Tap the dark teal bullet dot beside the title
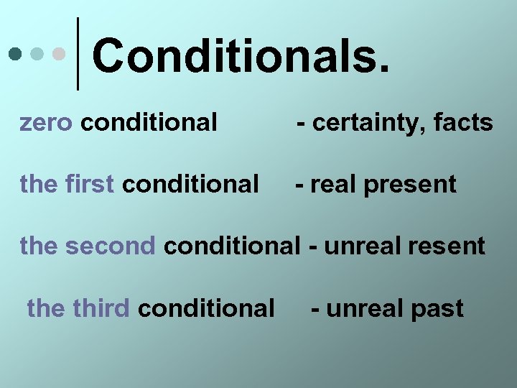pyautogui.click(x=15, y=54)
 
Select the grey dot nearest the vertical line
pyautogui.click(x=60, y=54)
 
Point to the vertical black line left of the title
pyautogui.click(x=78, y=54)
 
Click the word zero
pyautogui.click(x=46, y=123)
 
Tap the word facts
pyautogui.click(x=463, y=123)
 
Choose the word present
pyautogui.click(x=410, y=185)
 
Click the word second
pyautogui.click(x=110, y=246)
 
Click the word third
pyautogui.click(x=101, y=308)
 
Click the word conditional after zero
pyautogui.click(x=149, y=123)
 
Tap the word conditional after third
pyautogui.click(x=206, y=308)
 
